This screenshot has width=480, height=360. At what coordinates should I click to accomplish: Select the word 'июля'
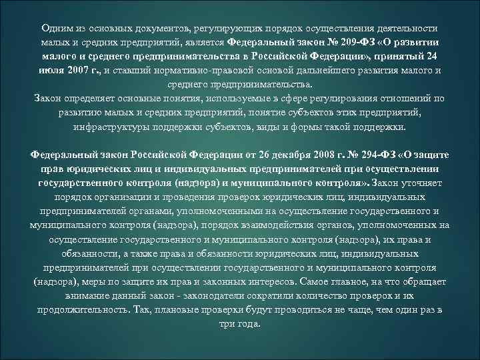point(51,71)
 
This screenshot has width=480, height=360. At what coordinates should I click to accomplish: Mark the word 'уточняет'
point(422,182)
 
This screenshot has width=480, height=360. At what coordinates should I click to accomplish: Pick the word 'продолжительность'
point(80,310)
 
